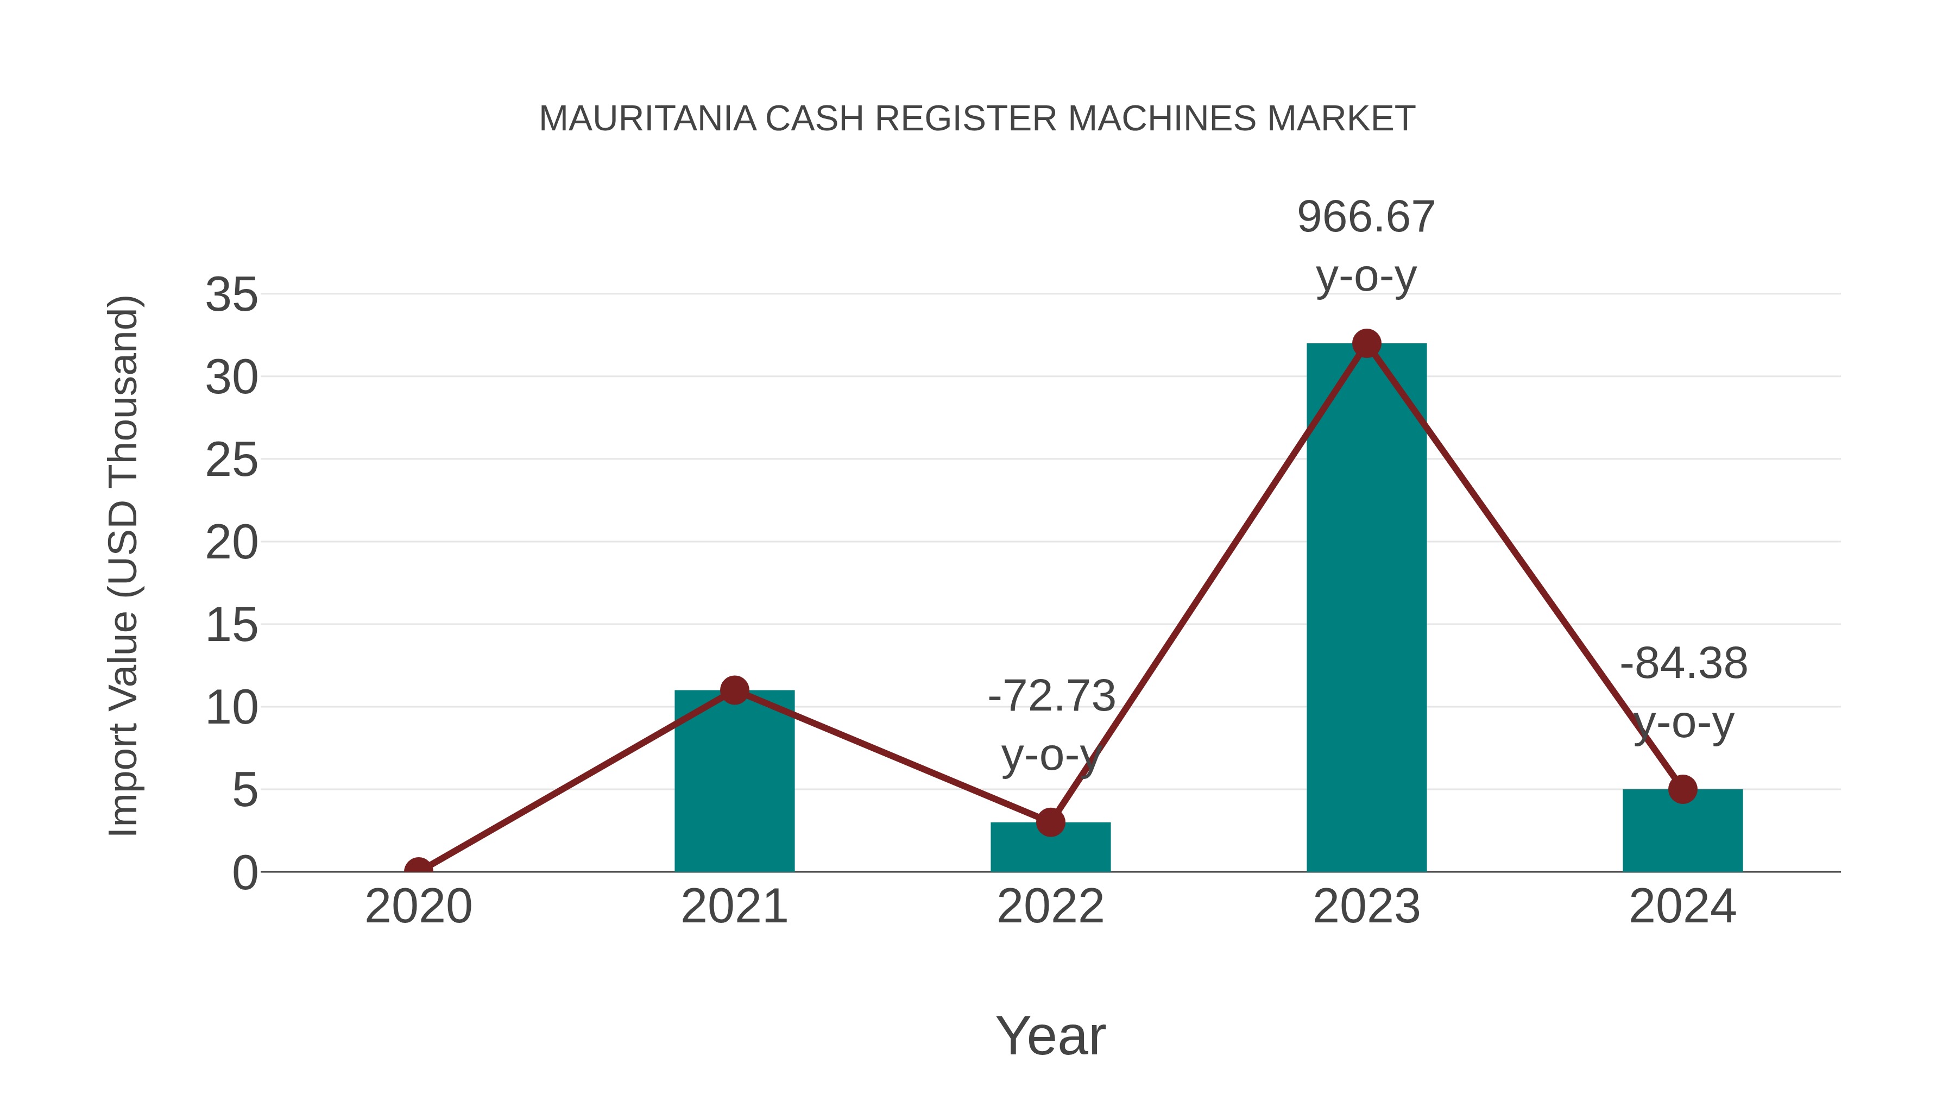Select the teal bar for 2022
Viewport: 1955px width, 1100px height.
point(1050,848)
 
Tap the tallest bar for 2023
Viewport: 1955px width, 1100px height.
point(1366,607)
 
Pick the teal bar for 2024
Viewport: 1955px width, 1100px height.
point(1682,831)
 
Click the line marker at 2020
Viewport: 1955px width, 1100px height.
point(418,870)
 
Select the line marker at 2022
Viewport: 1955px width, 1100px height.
point(1050,822)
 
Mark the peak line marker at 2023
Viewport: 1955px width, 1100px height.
point(1366,344)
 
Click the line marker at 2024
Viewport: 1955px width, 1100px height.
point(1682,789)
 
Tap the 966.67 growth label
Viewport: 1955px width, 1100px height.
point(1366,217)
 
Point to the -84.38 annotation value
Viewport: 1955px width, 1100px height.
point(1683,663)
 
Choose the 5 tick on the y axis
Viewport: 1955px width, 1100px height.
point(245,790)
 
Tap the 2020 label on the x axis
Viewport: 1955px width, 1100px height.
point(418,907)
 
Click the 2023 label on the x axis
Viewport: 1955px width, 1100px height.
point(1366,907)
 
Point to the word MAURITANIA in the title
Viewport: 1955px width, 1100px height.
point(647,119)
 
